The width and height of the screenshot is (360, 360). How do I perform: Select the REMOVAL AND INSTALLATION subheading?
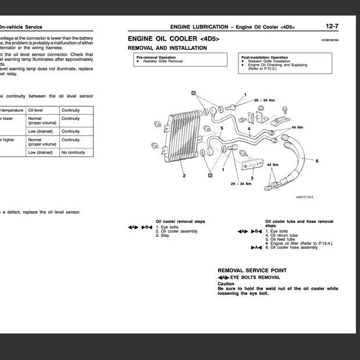[167, 48]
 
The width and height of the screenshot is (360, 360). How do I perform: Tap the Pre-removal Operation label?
[156, 58]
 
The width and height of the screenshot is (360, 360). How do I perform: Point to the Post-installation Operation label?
[264, 58]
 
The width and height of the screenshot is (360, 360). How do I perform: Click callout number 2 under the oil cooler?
[184, 175]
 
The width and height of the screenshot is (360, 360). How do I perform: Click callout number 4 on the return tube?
[249, 129]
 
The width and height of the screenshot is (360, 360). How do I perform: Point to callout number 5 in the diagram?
[221, 127]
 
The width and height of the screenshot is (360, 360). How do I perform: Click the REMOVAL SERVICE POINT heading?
[252, 270]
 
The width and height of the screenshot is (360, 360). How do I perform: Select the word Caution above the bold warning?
[226, 284]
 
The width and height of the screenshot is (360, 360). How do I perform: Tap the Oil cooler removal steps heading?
[180, 222]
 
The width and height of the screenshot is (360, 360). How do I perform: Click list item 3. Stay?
[162, 236]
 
